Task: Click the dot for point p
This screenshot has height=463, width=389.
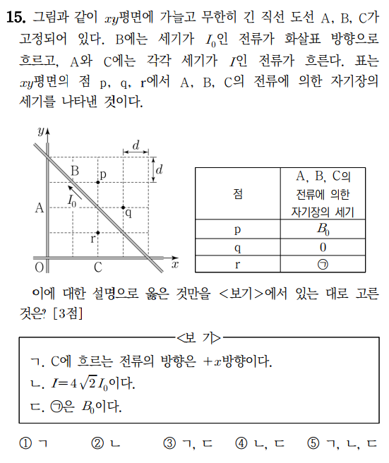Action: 97,182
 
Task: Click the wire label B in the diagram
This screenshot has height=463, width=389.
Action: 75,170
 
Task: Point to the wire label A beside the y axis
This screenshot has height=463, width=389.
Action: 40,208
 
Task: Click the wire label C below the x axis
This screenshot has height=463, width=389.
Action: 97,267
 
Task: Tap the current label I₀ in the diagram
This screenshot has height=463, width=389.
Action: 73,200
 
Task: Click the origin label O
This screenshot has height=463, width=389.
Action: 39,267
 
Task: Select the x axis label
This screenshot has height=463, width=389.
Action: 174,264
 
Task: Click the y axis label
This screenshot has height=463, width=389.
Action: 41,131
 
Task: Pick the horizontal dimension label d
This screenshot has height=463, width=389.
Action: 136,145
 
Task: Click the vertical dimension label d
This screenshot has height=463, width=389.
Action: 160,169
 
